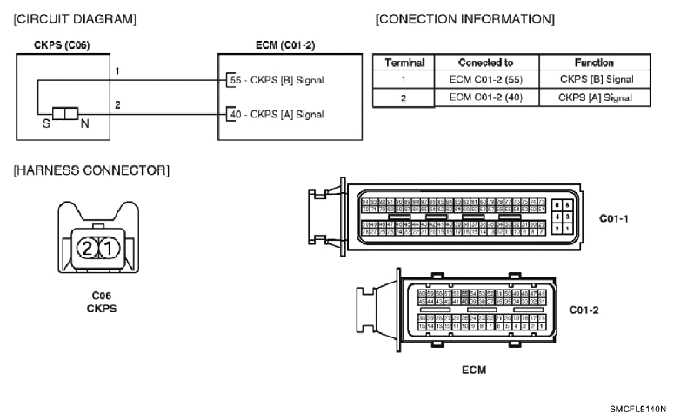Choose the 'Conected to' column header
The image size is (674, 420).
(485, 63)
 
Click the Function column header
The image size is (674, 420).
(596, 63)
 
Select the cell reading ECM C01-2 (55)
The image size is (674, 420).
(485, 79)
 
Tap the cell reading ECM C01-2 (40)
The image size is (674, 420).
(485, 97)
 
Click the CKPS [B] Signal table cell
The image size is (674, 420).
(596, 79)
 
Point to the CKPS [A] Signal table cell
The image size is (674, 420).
(596, 97)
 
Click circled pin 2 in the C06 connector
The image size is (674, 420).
(87, 247)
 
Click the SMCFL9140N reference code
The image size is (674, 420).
(637, 407)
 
